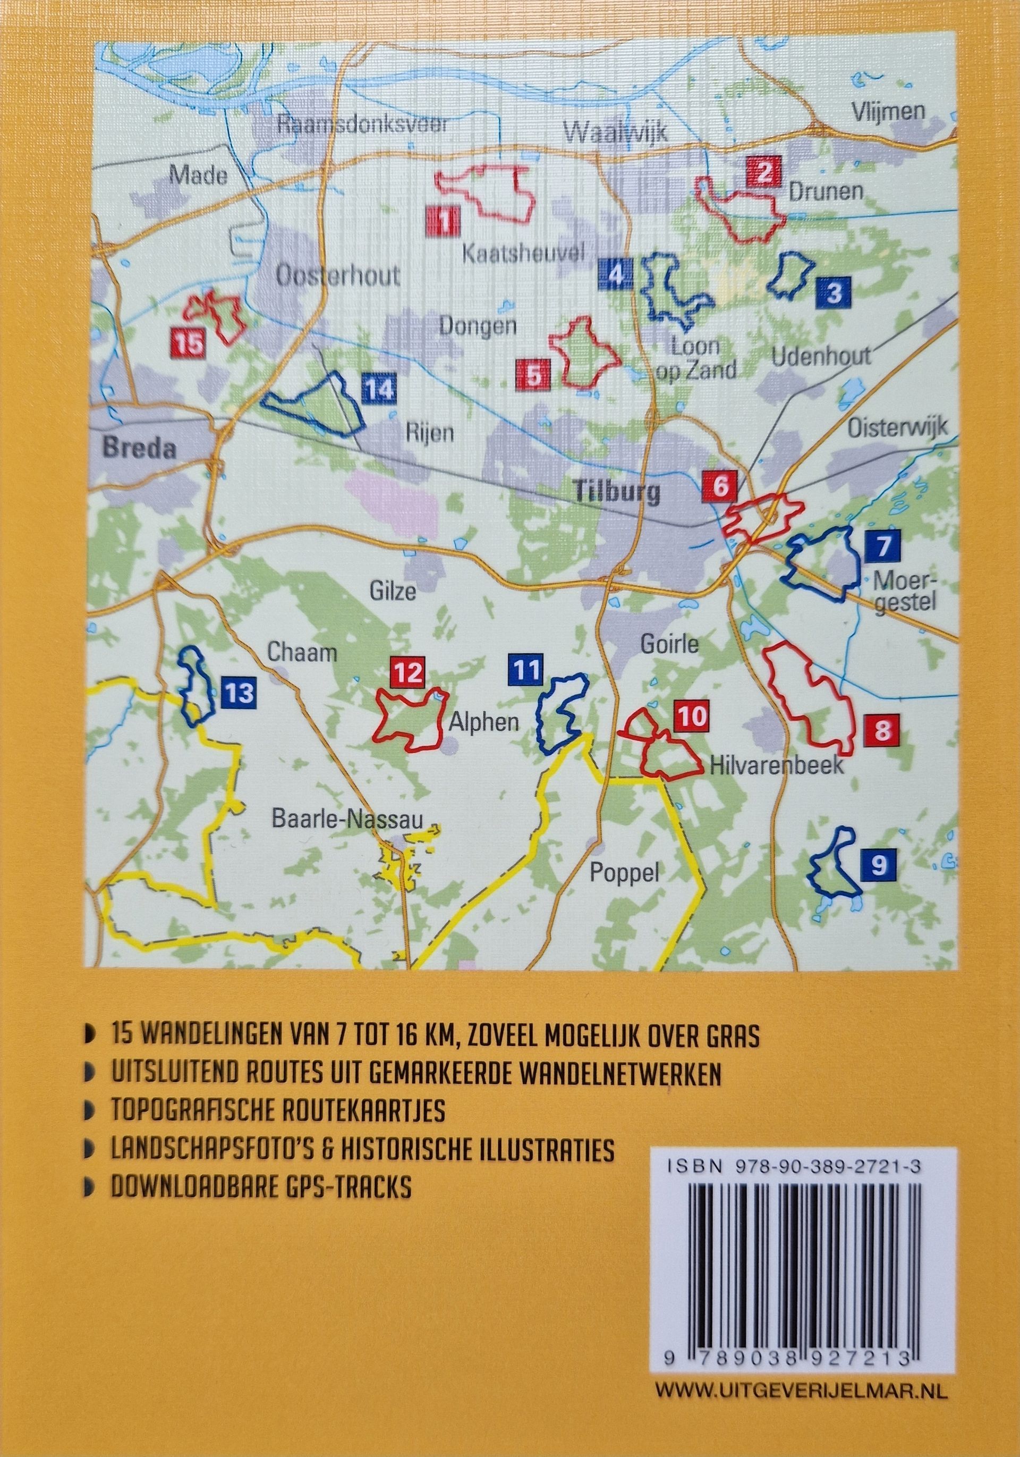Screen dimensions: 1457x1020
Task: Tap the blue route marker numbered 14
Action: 379,389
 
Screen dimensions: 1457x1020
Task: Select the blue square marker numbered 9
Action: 879,864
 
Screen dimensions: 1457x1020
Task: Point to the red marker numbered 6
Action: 720,487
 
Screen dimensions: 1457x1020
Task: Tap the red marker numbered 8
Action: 881,730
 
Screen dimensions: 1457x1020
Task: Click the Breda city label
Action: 138,450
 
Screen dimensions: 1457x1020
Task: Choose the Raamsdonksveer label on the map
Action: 362,124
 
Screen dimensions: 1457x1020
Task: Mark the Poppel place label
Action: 624,874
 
